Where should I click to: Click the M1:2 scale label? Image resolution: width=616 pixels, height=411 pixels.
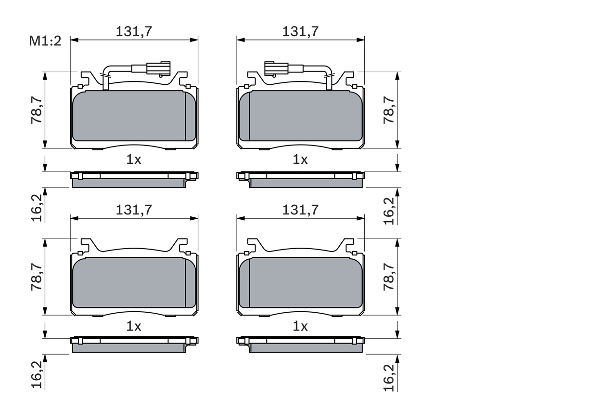tap(46, 41)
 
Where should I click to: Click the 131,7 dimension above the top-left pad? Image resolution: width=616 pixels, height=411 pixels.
tap(134, 31)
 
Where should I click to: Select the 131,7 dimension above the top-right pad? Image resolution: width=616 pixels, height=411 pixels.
tap(300, 31)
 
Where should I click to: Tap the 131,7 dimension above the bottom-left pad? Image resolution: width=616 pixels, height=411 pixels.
tap(134, 210)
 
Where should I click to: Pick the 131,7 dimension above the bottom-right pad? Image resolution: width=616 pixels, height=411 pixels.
tap(300, 210)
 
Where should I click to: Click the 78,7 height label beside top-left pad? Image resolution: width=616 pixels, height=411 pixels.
tap(37, 110)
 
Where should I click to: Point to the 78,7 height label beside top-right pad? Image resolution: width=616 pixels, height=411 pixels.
tap(389, 110)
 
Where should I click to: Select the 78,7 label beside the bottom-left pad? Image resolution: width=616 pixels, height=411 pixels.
tap(37, 277)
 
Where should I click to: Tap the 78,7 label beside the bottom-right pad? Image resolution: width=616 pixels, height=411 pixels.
tap(389, 277)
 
